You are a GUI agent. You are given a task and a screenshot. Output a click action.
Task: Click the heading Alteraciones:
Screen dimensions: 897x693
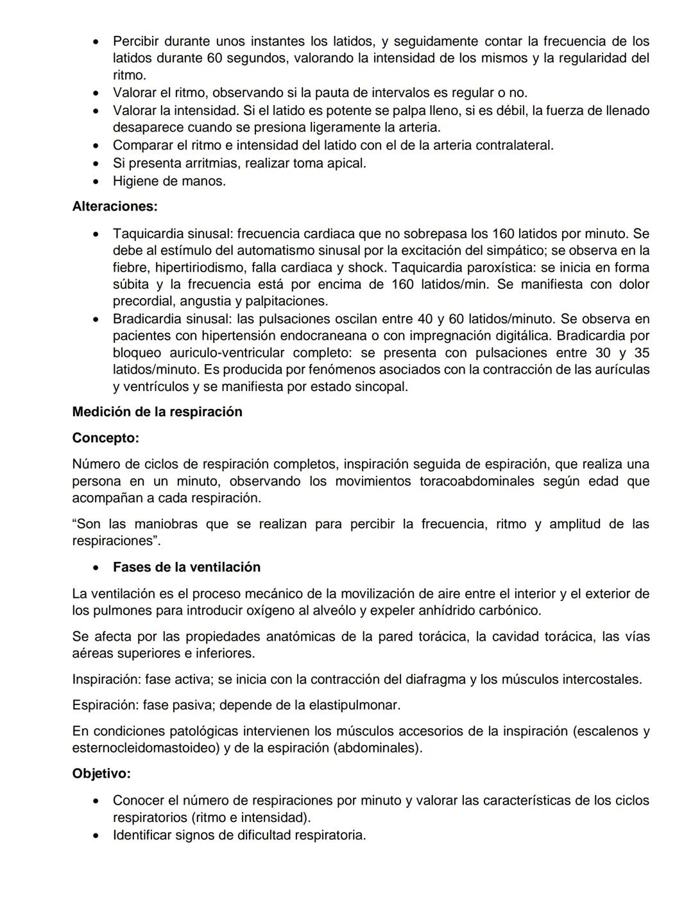click(x=115, y=207)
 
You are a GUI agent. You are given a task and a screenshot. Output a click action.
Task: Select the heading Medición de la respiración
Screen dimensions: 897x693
click(x=157, y=412)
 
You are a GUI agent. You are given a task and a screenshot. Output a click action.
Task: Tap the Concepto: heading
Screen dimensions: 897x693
click(x=105, y=438)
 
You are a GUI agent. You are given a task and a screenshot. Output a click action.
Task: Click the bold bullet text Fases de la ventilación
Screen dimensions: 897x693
click(x=187, y=568)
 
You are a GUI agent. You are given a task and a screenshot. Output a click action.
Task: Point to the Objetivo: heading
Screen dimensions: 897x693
click(x=101, y=774)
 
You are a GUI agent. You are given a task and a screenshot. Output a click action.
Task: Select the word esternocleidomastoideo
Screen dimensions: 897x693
click(x=146, y=749)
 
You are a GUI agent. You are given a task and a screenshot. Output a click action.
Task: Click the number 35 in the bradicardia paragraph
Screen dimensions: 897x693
click(x=641, y=353)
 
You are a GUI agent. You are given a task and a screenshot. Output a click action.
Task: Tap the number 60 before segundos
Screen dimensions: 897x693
click(x=215, y=58)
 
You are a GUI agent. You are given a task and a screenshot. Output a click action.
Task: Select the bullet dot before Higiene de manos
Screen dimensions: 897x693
click(x=96, y=182)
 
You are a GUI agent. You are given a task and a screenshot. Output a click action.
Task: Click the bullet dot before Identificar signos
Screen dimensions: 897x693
click(x=96, y=836)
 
